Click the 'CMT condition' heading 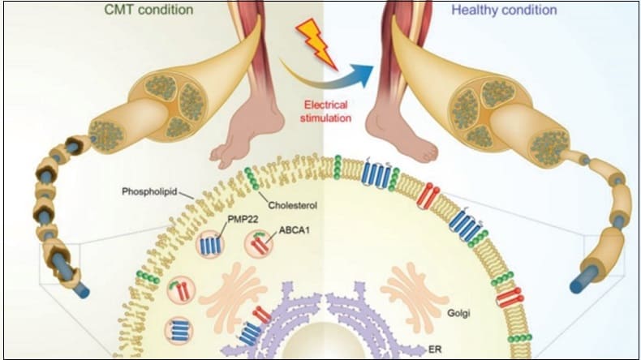[x=148, y=11]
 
